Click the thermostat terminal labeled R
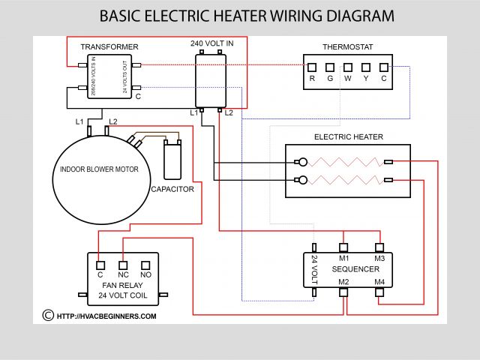[x=312, y=67]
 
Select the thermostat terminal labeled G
[x=330, y=67]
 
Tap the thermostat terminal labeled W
[x=348, y=67]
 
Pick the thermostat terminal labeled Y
[x=366, y=67]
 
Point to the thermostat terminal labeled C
[x=384, y=67]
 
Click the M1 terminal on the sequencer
[x=343, y=247]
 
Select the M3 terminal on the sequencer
[x=379, y=247]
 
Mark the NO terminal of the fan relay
[x=146, y=263]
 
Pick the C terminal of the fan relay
[x=100, y=263]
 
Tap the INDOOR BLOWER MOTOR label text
[x=99, y=169]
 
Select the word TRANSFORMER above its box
[x=109, y=47]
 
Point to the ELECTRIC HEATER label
[x=348, y=137]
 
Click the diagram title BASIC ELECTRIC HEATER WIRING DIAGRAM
[x=247, y=16]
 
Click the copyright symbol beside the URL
[x=48, y=316]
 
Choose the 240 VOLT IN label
[x=211, y=43]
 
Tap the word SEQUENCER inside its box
[x=355, y=268]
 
